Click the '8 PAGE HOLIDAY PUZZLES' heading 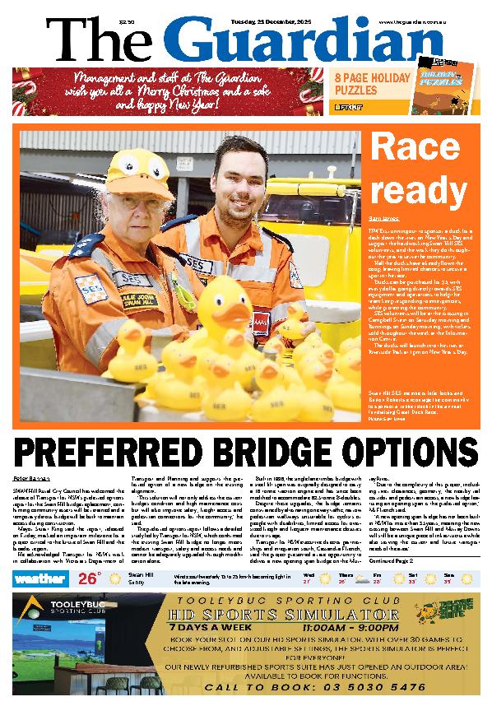tap(371, 83)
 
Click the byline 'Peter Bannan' tap(30, 478)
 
